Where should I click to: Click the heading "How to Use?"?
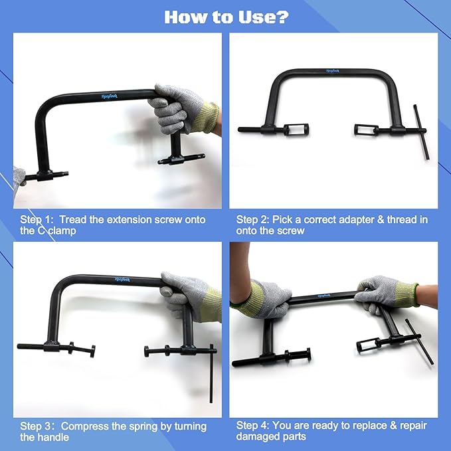coord(226,17)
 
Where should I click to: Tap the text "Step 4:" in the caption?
coord(253,426)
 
